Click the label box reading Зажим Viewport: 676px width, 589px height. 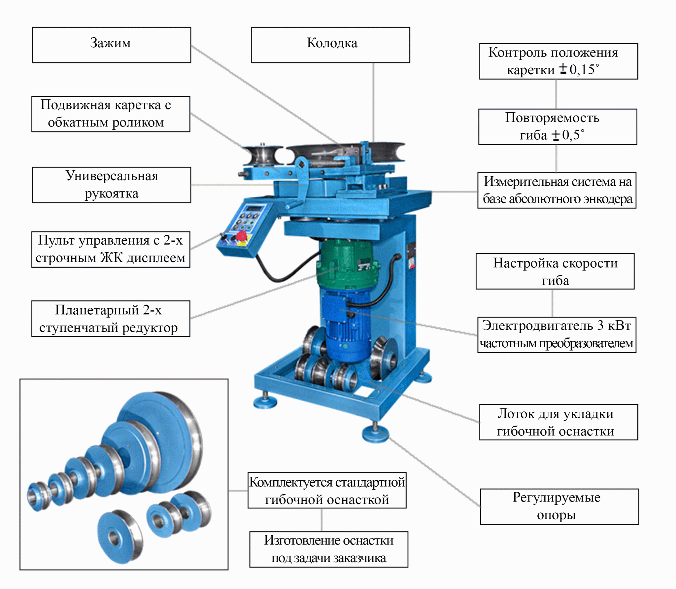coord(112,45)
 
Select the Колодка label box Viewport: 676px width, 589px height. coord(330,45)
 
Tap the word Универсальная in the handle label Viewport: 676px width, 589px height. coord(112,176)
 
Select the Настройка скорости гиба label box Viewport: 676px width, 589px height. coord(555,271)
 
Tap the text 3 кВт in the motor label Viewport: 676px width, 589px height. coord(614,326)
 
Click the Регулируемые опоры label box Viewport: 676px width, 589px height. coord(559,506)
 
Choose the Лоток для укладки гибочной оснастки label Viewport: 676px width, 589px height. coord(558,422)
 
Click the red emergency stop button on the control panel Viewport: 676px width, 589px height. coord(242,236)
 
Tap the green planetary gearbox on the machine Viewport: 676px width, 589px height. coord(347,264)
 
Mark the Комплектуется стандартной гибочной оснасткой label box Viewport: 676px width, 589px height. coord(327,491)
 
